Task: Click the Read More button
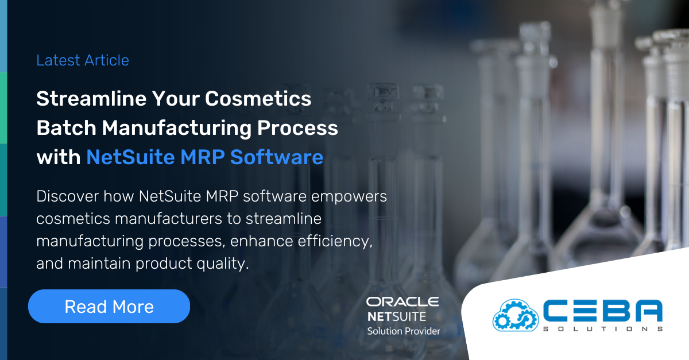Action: [x=109, y=307]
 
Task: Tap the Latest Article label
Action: [x=83, y=60]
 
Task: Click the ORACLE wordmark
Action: [x=402, y=301]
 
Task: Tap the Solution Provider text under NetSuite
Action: [x=404, y=331]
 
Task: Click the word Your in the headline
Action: [x=174, y=99]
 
